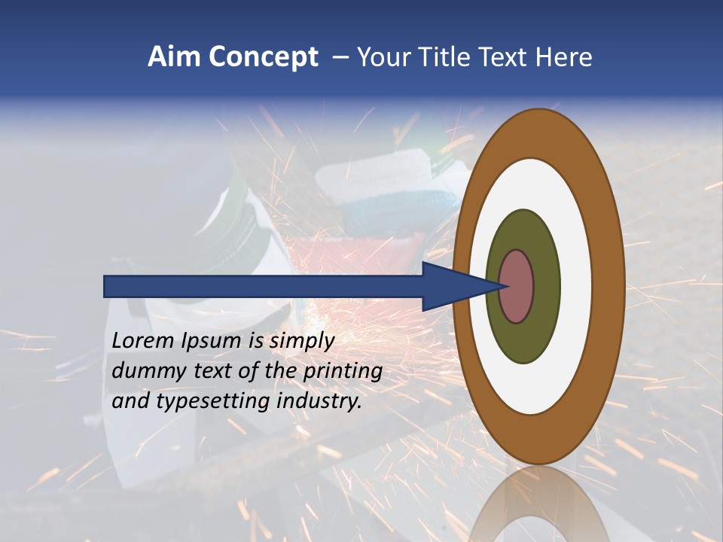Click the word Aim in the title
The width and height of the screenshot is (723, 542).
pyautogui.click(x=173, y=57)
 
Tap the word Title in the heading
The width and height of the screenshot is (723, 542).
pyautogui.click(x=450, y=57)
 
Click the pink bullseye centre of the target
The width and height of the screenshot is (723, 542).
pyautogui.click(x=517, y=287)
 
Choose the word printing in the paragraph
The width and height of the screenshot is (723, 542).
pyautogui.click(x=343, y=371)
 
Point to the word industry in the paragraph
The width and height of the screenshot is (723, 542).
pyautogui.click(x=319, y=401)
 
